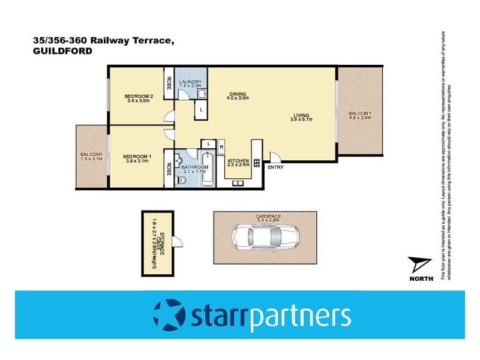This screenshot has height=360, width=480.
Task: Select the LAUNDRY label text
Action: (x=190, y=83)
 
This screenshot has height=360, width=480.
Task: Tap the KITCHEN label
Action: (x=238, y=161)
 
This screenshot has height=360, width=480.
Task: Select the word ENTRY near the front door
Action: (x=275, y=167)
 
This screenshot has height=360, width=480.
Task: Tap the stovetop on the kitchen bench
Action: (x=256, y=163)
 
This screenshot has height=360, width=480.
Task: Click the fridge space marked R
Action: (x=221, y=145)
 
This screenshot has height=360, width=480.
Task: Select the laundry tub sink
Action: (x=202, y=94)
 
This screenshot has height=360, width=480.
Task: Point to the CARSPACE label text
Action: (x=268, y=216)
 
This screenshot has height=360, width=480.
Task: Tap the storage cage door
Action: (x=178, y=242)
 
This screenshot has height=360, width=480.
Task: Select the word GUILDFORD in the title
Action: (x=62, y=52)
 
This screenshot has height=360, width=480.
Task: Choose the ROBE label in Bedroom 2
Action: (x=169, y=82)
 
